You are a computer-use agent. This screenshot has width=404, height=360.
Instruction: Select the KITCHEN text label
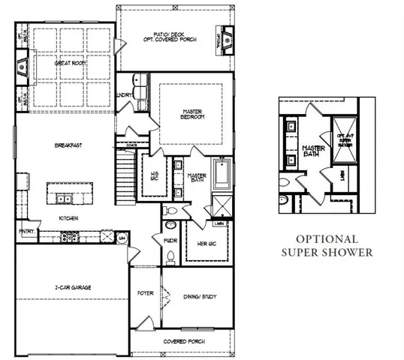click(x=70, y=218)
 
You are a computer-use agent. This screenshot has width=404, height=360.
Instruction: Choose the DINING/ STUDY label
click(x=200, y=296)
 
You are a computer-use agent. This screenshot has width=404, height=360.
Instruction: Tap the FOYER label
click(x=145, y=293)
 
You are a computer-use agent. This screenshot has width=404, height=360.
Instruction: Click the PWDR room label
click(x=170, y=240)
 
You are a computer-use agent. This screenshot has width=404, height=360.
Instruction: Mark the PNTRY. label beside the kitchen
click(x=26, y=232)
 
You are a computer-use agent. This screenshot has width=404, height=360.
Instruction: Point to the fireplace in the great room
click(x=23, y=65)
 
